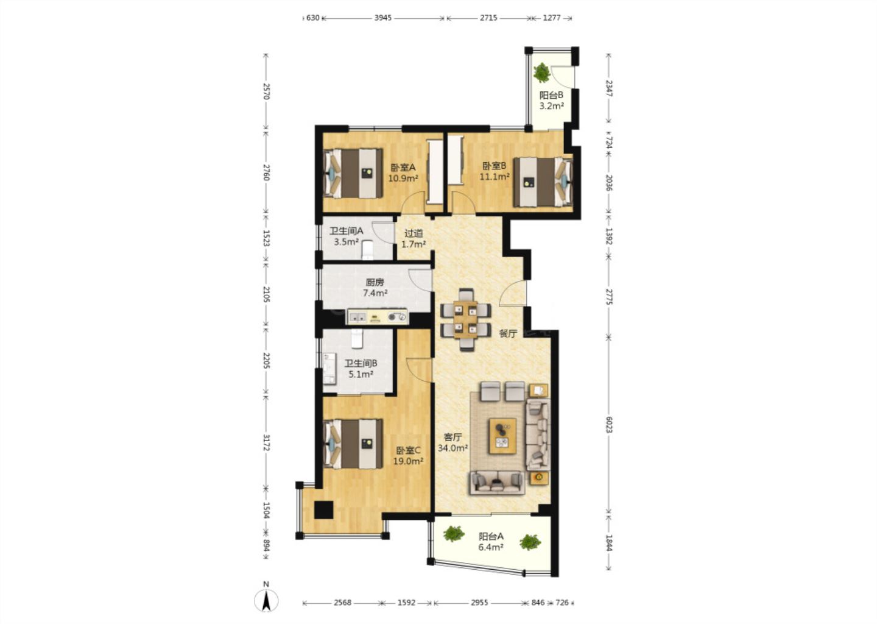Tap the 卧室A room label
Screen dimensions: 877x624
[x=403, y=168]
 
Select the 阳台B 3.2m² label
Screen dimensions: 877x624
[x=551, y=101]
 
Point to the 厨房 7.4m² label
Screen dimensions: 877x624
[x=375, y=288]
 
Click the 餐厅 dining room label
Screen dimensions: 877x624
[x=508, y=334]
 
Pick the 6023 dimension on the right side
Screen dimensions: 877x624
[x=608, y=424]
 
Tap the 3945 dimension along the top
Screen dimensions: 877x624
[x=382, y=18]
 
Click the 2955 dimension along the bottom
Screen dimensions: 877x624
[x=479, y=603]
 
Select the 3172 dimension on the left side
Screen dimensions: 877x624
[x=266, y=442]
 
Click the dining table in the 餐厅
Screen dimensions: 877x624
[x=465, y=320]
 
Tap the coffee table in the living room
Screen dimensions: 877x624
[x=502, y=436]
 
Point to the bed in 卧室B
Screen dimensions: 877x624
[x=543, y=182]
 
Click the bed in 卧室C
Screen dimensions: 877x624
[x=353, y=444]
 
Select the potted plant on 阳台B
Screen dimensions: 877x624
[x=542, y=73]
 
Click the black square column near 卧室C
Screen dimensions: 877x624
[x=323, y=510]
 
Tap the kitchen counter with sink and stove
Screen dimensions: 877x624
[x=377, y=317]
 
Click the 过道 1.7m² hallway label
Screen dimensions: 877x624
[x=414, y=239]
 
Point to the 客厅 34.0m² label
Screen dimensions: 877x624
[x=453, y=442]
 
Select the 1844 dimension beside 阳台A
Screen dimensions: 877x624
[x=608, y=543]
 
